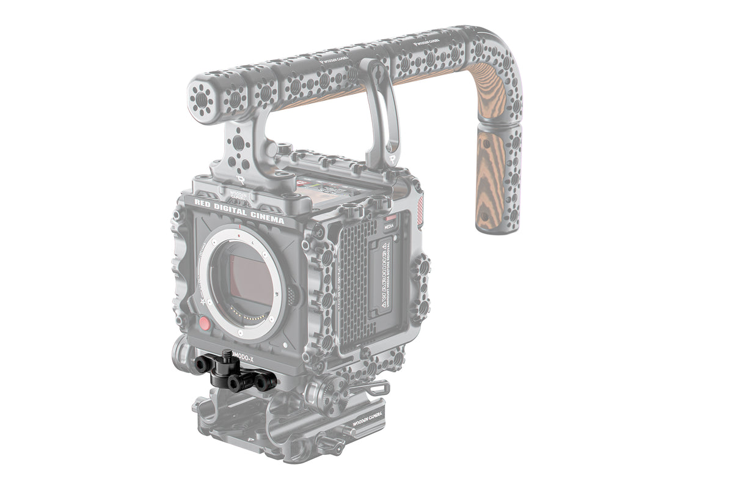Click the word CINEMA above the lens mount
click(266, 216)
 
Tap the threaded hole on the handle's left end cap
click(199, 96)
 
